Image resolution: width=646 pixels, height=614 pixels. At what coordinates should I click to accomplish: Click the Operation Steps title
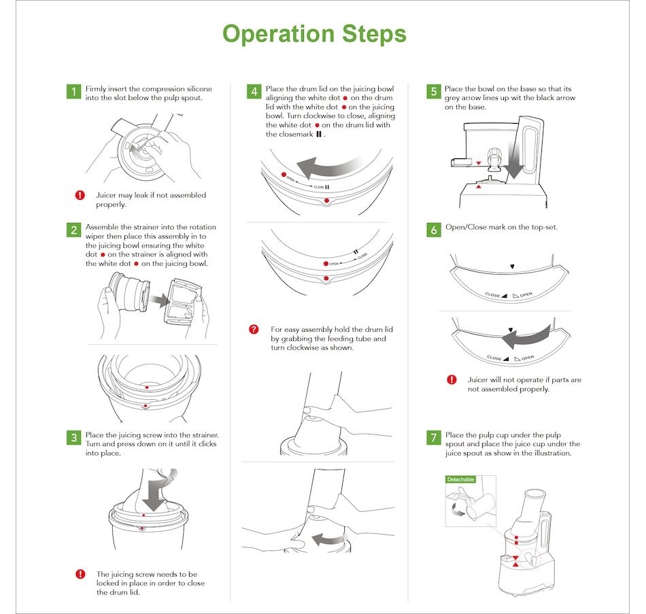point(314,33)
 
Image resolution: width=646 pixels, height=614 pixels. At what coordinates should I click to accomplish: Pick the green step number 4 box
point(254,92)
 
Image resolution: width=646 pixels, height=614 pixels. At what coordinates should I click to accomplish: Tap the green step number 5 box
point(434,92)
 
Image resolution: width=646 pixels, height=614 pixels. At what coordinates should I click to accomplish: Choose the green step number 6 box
point(434,230)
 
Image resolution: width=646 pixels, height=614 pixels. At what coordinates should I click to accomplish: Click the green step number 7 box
point(434,437)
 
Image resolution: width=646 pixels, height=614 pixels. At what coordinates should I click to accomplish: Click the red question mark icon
point(254,330)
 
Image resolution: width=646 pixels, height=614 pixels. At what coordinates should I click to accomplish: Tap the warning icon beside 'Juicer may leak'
point(80,196)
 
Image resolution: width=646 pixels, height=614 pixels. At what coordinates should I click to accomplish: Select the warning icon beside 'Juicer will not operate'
point(452,380)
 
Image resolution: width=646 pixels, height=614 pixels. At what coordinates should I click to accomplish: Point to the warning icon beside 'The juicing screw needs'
point(80,575)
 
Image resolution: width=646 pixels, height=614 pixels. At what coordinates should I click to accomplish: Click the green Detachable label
point(460,480)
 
